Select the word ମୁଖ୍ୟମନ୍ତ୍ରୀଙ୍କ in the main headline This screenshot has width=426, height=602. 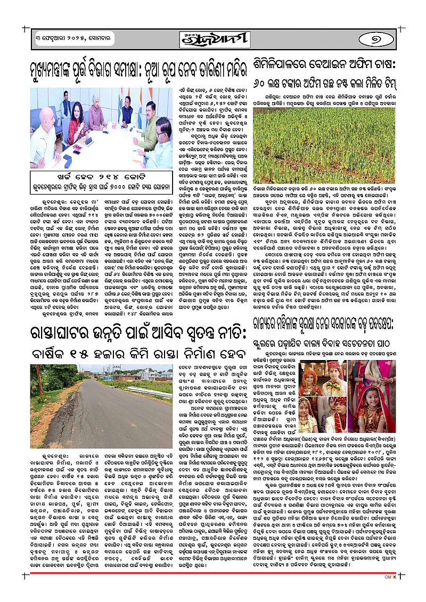(67, 69)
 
